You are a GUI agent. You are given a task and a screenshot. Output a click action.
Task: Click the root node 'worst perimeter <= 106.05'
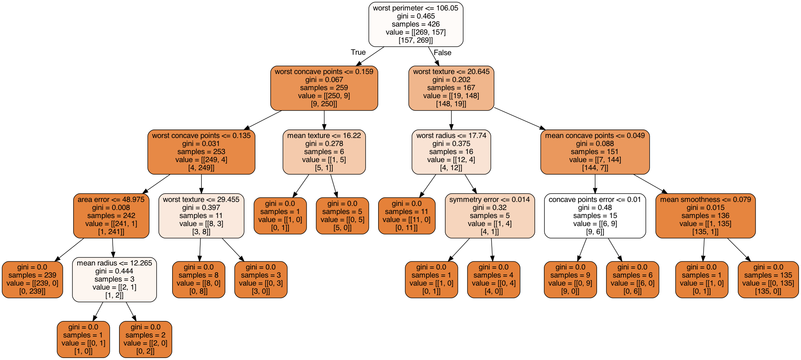416,24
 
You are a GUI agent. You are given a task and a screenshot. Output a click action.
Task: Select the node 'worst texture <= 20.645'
451,88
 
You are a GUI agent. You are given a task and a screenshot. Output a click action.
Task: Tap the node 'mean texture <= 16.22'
324,152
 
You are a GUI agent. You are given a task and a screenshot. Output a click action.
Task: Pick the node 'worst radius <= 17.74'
451,152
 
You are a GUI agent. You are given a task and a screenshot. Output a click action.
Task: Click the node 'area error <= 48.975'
111,216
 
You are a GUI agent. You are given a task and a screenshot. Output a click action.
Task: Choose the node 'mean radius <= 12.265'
114,280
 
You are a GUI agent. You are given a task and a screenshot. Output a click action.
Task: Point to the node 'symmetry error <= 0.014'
490,216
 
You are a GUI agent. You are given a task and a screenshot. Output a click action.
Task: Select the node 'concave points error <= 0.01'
595,216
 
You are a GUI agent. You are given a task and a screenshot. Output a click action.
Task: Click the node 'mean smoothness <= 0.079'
705,216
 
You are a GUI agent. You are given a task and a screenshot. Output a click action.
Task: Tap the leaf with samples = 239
32,280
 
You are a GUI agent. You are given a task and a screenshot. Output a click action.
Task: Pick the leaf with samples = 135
768,280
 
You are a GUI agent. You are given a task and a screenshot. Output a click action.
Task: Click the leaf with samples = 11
406,216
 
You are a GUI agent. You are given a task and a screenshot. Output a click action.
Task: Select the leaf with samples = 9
570,280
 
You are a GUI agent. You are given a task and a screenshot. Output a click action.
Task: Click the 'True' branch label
358,52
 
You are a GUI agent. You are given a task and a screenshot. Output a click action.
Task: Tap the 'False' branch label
443,53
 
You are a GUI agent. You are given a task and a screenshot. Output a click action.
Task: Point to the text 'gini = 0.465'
416,16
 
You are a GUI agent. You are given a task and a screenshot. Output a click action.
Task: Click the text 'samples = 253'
201,152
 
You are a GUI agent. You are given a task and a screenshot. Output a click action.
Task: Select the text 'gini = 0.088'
595,144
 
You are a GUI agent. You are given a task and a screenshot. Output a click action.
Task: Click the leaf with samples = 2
145,339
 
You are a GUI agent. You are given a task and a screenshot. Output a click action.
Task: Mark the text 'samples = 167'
451,88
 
